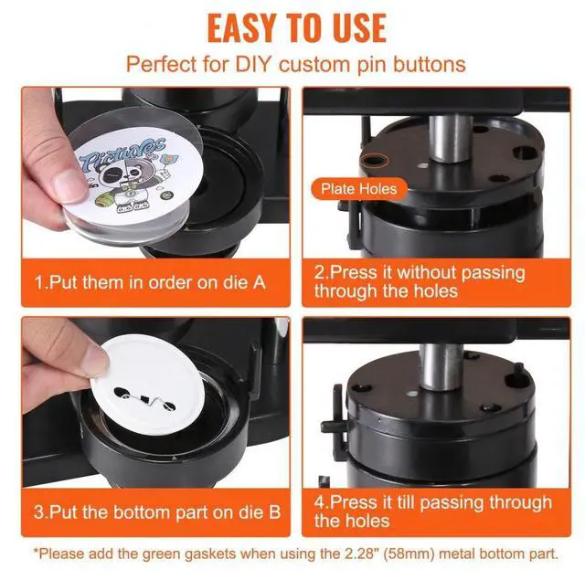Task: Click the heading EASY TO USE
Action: (x=296, y=28)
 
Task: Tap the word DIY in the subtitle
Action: (x=253, y=64)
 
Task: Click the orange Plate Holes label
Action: (x=358, y=189)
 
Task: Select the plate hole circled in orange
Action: (x=375, y=161)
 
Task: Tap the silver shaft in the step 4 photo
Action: (x=441, y=367)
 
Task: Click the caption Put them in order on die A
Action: (x=150, y=282)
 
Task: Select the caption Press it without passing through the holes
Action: (x=420, y=282)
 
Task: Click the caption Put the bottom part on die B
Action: (x=157, y=511)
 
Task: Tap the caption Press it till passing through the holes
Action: (x=432, y=511)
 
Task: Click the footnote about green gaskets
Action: (x=296, y=554)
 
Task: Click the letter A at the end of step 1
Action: (x=259, y=282)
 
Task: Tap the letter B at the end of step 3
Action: (x=274, y=511)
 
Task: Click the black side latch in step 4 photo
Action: (x=334, y=417)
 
